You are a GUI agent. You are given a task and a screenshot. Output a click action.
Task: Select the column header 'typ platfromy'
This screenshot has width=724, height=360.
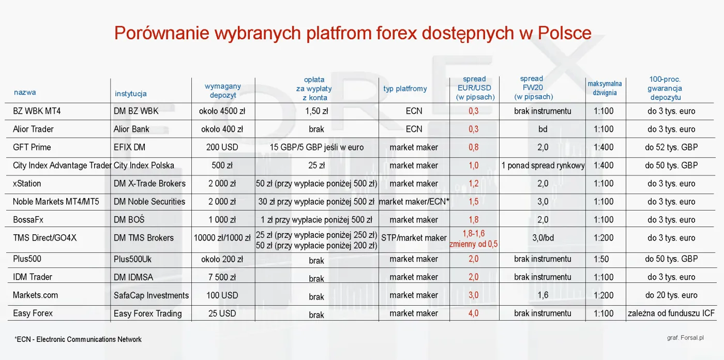tap(405, 88)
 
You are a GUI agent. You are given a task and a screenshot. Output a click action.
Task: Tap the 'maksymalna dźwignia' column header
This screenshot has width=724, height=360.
tap(605, 88)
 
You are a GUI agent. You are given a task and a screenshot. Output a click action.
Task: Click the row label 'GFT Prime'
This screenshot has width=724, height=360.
tap(32, 147)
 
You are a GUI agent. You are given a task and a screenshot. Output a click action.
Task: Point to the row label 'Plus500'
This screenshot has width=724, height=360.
tap(27, 259)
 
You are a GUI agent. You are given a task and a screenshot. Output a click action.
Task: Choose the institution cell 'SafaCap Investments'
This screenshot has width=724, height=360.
tap(151, 295)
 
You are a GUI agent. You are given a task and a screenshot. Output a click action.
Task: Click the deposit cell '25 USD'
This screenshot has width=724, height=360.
tap(222, 313)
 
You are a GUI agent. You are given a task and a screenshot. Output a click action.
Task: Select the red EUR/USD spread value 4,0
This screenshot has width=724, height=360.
tap(473, 313)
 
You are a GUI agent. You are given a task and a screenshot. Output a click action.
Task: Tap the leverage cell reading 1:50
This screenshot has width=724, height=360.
tap(604, 259)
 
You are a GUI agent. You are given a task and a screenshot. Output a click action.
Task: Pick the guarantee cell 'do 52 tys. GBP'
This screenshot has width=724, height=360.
tap(671, 147)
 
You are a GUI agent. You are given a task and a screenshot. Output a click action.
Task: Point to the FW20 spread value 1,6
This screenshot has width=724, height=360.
tap(542, 295)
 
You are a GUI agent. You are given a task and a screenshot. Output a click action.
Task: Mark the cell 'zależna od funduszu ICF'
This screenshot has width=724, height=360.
tap(671, 313)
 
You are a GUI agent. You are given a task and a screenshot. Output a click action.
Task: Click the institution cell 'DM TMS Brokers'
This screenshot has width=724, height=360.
tap(144, 238)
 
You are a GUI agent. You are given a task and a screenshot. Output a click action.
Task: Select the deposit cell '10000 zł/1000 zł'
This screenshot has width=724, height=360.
tap(222, 238)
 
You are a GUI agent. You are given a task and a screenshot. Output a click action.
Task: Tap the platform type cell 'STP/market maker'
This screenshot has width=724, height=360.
tap(414, 238)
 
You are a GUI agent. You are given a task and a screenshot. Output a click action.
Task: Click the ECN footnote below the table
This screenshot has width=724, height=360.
tap(78, 339)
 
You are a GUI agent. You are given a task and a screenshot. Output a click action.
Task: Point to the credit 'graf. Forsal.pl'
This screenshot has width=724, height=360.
tap(685, 337)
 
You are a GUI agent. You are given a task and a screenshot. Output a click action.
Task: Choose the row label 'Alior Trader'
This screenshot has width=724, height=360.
tap(33, 129)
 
